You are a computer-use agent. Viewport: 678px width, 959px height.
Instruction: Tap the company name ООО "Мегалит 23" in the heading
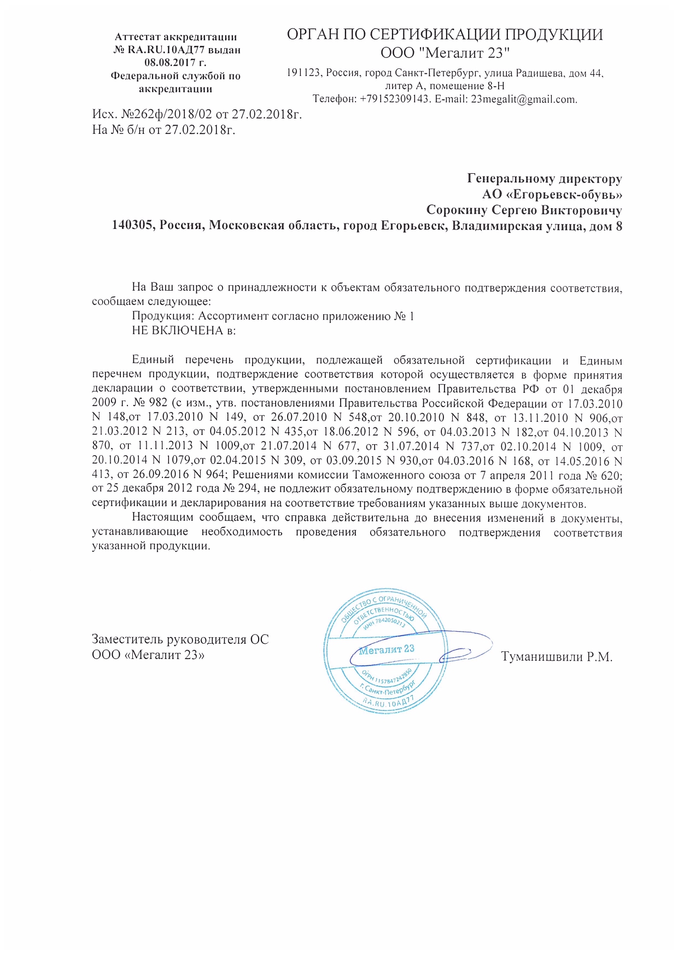(x=445, y=53)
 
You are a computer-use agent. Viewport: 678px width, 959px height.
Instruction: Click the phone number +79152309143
(x=393, y=99)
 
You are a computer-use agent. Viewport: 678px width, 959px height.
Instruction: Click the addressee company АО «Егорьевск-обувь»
(x=552, y=195)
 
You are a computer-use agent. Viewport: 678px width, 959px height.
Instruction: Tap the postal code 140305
(x=133, y=226)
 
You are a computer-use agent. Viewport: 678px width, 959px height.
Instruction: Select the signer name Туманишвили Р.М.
(x=556, y=657)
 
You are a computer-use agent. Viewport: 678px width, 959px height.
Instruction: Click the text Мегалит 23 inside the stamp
(x=387, y=650)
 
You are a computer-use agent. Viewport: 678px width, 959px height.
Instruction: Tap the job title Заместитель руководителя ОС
(x=180, y=639)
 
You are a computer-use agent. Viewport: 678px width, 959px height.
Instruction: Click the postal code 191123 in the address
(x=303, y=73)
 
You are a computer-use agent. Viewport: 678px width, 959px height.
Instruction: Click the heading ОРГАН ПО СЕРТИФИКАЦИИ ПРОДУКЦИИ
(x=445, y=34)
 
